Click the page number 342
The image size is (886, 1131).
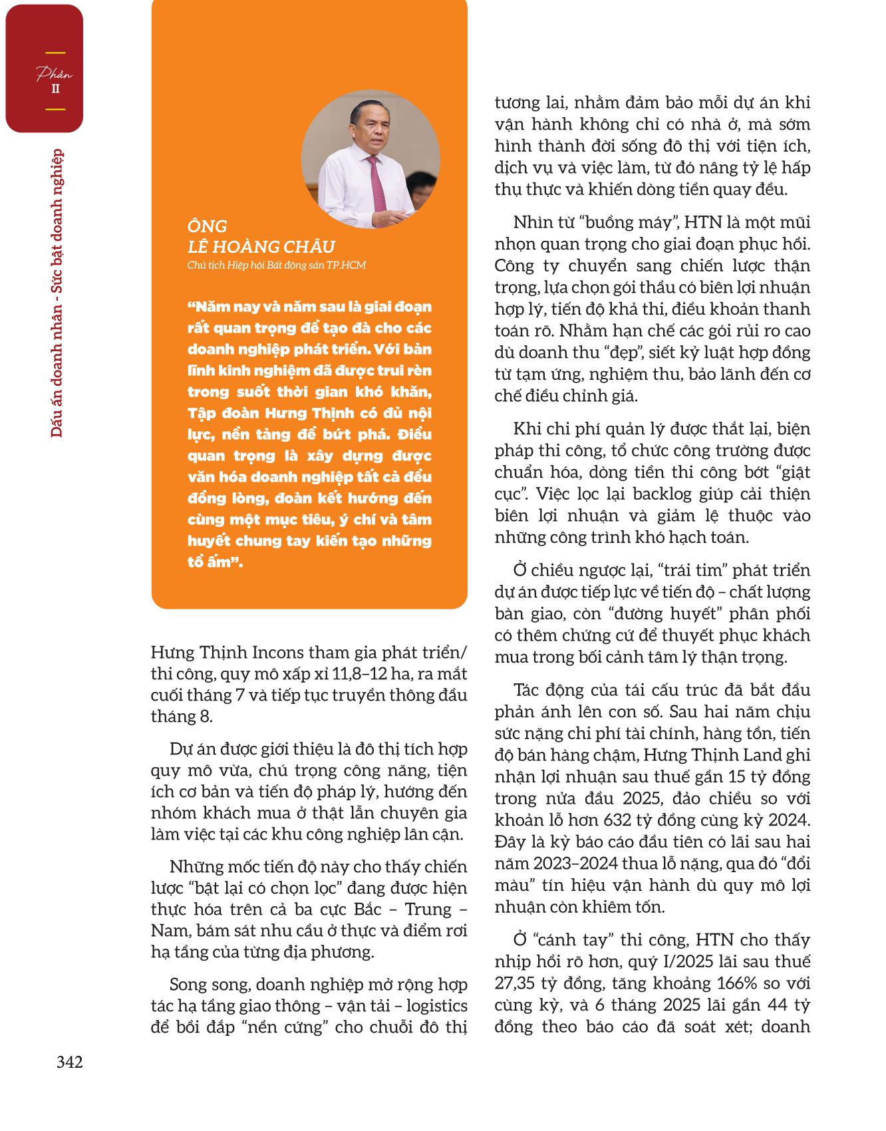coord(69,1062)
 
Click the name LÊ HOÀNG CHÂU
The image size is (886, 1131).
coord(261,246)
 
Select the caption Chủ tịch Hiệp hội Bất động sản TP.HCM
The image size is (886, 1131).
coord(276,265)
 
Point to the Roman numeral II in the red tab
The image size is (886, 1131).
coord(55,89)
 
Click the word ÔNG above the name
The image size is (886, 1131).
coord(207,226)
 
